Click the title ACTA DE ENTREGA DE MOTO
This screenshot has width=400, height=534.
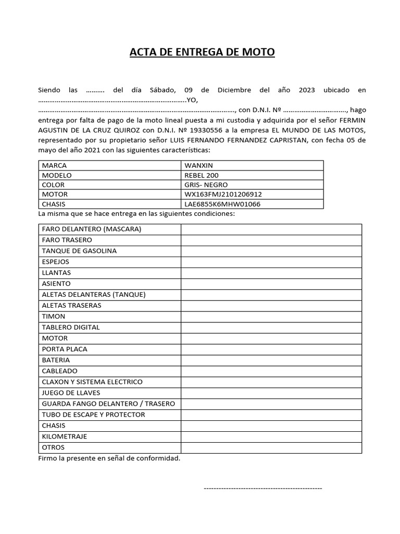(x=202, y=52)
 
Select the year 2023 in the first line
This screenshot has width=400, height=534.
(x=307, y=90)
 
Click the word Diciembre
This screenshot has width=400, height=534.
(x=235, y=90)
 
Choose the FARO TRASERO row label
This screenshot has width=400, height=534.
(x=67, y=240)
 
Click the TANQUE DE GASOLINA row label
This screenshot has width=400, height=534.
(x=79, y=251)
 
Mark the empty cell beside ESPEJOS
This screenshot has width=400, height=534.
(x=271, y=262)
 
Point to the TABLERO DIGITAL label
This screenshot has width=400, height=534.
(x=70, y=327)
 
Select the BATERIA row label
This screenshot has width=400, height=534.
(x=55, y=360)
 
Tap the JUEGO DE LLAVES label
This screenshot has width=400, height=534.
(x=71, y=393)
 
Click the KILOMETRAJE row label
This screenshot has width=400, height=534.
(x=64, y=436)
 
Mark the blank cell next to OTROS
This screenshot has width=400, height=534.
(x=271, y=447)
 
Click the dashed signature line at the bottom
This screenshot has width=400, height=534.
(x=262, y=488)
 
